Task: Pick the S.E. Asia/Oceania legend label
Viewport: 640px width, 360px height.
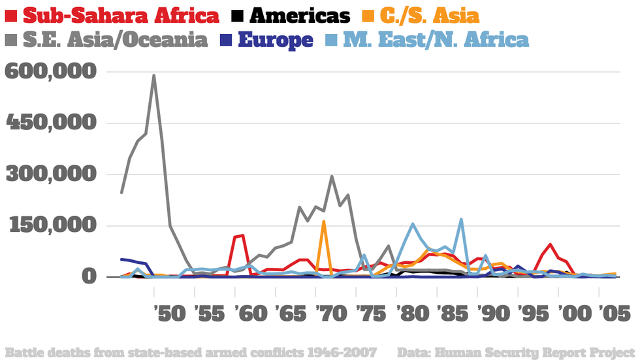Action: pos(115,39)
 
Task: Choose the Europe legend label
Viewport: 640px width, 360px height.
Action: pos(275,39)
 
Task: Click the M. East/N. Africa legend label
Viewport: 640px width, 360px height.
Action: pos(436,39)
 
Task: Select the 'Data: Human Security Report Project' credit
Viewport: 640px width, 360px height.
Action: pos(515,353)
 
